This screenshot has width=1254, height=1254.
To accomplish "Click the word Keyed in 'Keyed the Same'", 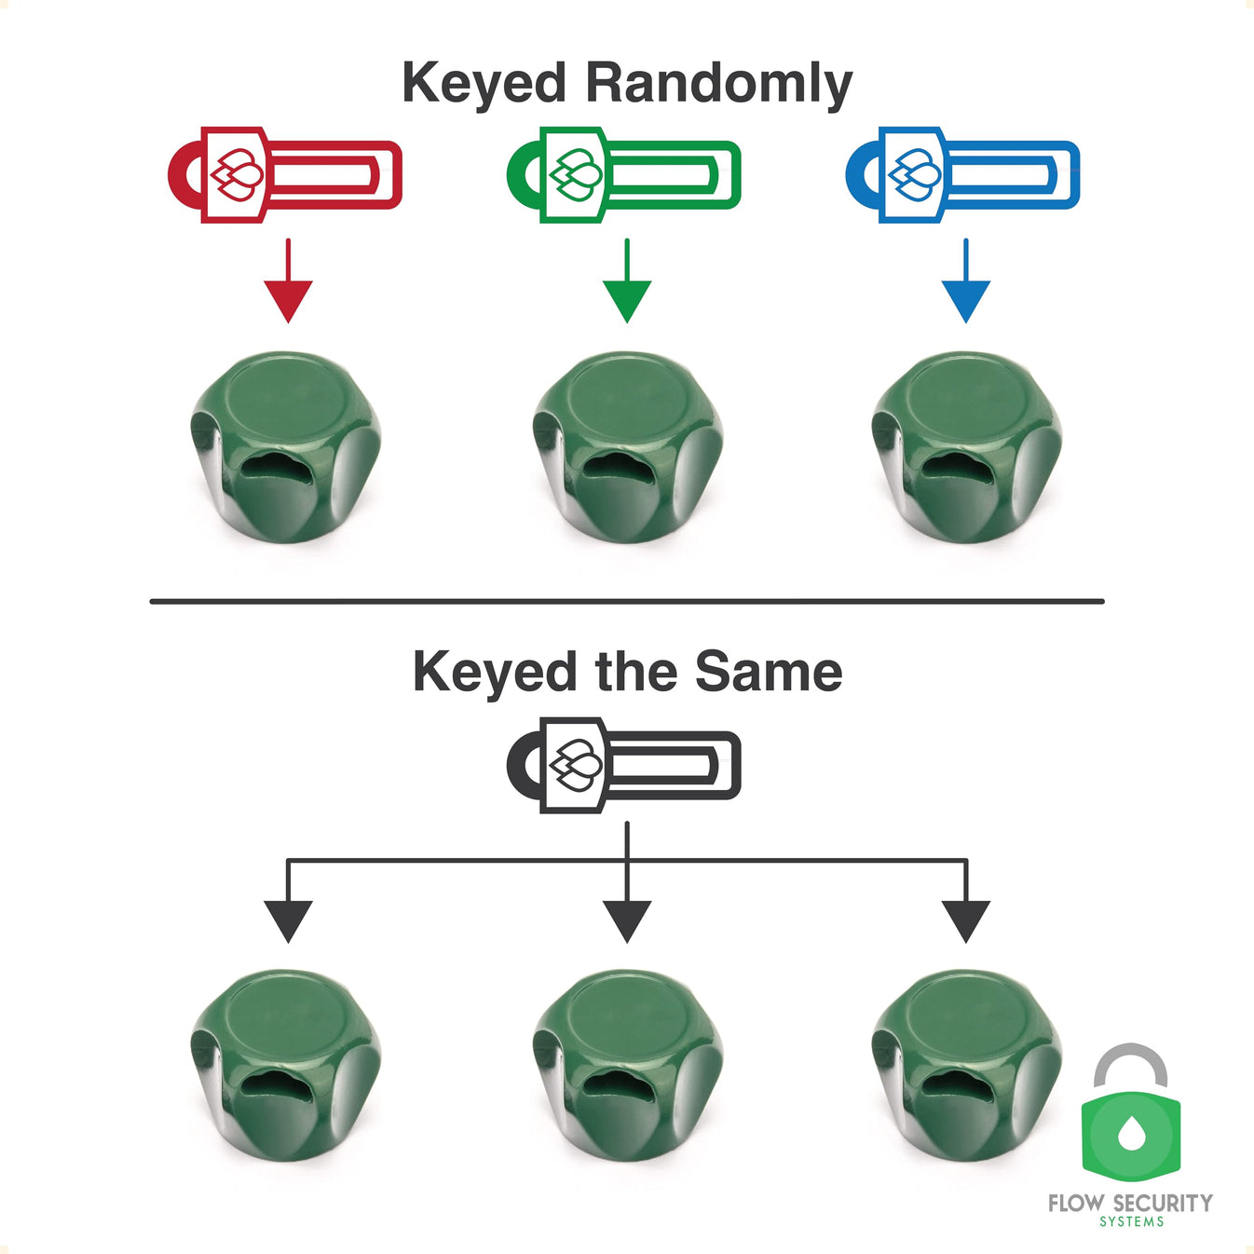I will tap(494, 673).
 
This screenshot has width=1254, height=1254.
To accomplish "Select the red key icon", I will tap(285, 174).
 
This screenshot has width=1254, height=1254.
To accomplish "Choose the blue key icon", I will tap(962, 174).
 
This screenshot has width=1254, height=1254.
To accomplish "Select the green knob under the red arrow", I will tap(287, 445).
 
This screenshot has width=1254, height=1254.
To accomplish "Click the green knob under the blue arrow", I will tap(966, 445).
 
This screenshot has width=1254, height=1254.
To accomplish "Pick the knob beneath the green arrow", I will tap(628, 445).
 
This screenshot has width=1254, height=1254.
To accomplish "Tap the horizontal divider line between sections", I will tap(627, 602).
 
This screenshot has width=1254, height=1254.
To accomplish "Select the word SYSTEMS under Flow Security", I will tap(1131, 1222).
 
